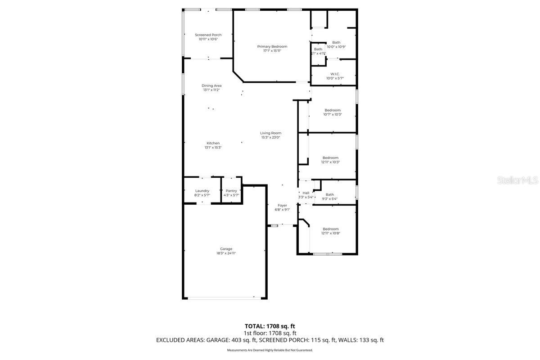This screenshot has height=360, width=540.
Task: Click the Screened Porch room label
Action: (208, 35)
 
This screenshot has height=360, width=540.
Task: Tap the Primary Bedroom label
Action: (272, 46)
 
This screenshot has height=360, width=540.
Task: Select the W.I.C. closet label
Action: (335, 74)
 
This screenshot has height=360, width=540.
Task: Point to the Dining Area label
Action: (211, 85)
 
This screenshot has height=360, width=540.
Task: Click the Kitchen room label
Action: (213, 143)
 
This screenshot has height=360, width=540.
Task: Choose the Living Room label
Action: (270, 133)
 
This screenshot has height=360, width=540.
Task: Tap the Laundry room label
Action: (202, 191)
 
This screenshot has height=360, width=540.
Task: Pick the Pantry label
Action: (231, 191)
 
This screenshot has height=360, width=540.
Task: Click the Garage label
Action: (226, 249)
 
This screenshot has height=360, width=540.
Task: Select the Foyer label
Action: (282, 205)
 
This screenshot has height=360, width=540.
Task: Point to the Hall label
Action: (306, 193)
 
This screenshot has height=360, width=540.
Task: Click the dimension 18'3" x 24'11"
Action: (226, 253)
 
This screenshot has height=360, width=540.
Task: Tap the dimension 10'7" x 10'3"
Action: (333, 114)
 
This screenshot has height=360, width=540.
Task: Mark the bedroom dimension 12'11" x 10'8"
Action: (330, 233)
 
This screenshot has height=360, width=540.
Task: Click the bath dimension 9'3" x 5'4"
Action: (330, 198)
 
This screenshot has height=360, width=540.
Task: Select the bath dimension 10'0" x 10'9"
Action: (336, 47)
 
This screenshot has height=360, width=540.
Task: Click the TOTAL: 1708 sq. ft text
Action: (270, 326)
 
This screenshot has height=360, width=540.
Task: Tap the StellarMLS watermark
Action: (517, 180)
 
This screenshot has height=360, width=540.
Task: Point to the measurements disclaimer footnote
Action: (270, 350)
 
